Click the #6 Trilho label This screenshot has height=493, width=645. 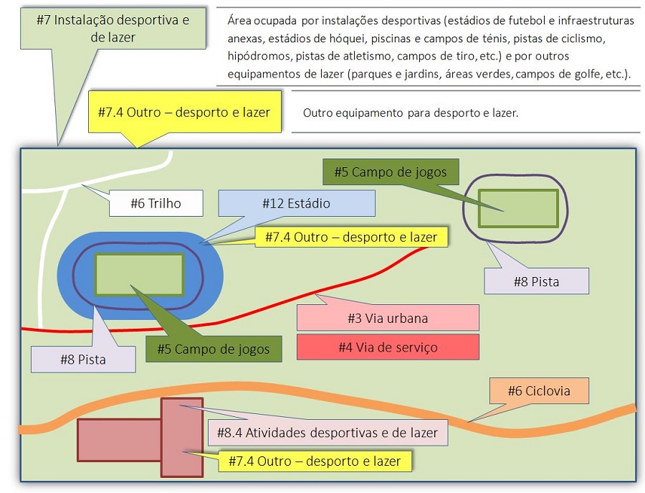pos(156,203)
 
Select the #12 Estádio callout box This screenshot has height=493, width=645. pos(296,203)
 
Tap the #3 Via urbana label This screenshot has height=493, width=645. pos(388,317)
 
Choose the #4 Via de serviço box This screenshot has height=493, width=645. pos(388,347)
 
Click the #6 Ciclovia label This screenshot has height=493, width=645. pos(540,391)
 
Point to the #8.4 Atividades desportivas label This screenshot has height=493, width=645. pos(328,433)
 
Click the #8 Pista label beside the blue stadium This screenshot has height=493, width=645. pos(83,359)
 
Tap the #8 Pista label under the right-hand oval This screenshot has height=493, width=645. pos(536,281)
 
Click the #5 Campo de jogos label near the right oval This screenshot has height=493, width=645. pos(391,172)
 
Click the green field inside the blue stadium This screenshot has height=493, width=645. pos(139,274)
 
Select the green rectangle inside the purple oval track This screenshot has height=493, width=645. pos(518,208)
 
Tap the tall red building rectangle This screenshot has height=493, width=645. pos(182,437)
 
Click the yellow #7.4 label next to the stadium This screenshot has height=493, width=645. pos(351,236)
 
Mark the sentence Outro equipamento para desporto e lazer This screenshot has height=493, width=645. pos(410,113)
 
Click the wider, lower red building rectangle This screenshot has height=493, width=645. pos(119,440)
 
